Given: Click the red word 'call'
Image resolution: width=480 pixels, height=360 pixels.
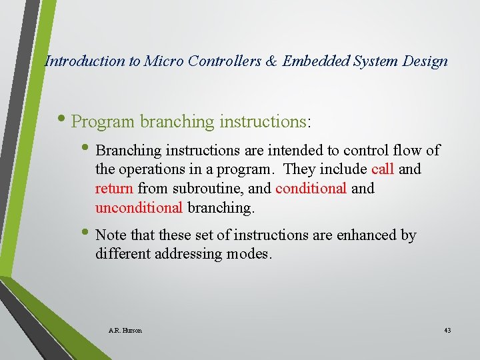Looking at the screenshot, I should click(x=383, y=169).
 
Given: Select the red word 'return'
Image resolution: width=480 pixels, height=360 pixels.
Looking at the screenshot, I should click(x=114, y=189).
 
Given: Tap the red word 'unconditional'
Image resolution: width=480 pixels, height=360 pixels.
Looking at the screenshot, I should click(x=139, y=207).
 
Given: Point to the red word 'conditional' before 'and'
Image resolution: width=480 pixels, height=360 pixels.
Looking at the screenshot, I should click(x=311, y=189).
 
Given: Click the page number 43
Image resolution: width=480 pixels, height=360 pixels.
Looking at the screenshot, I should click(x=447, y=331).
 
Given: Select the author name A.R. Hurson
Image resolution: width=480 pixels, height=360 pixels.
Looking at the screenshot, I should click(x=125, y=331).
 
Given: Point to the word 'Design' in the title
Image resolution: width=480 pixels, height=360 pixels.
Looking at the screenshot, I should click(x=425, y=61).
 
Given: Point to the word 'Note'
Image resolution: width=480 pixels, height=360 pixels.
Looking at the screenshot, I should click(x=110, y=235).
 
